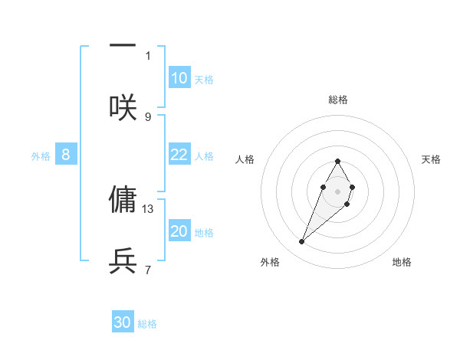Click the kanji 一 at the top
coord(123,46)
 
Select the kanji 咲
coord(123,107)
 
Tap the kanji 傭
coord(123,199)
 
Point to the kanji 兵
coord(123,261)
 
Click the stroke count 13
coord(149,208)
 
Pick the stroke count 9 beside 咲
coord(148,116)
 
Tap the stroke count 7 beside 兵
coord(148,270)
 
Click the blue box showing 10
coord(179,78)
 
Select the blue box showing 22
coord(179,155)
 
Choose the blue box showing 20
coord(179,231)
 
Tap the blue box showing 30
coord(123,322)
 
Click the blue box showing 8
coord(66,155)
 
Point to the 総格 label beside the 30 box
coord(147,324)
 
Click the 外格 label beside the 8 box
coord(41,156)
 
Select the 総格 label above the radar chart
coord(338,100)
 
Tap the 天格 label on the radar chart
coord(431,159)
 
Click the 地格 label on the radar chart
coord(402,262)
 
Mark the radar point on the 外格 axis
coord(302,242)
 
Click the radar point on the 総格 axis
coord(337,161)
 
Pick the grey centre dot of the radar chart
coord(337,190)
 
